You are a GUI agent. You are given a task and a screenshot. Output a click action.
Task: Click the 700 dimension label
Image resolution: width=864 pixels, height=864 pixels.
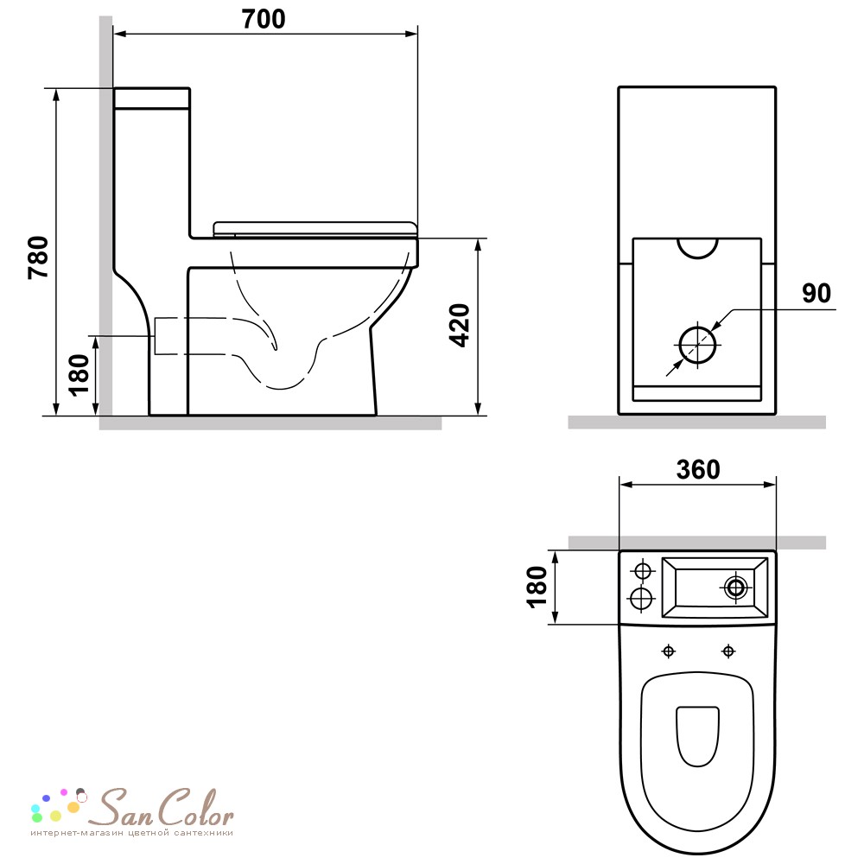tap(264, 19)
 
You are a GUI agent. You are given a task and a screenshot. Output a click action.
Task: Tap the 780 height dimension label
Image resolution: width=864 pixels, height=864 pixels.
tap(39, 257)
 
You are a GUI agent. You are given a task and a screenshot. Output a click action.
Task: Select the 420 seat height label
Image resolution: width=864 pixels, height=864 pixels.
tap(460, 325)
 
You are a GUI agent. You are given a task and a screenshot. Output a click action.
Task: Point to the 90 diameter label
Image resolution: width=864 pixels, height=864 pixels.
tap(816, 293)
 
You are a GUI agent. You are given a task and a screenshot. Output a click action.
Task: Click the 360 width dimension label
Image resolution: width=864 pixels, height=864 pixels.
tap(697, 469)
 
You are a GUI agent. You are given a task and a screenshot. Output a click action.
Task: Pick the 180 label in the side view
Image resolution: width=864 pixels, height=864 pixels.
tap(79, 375)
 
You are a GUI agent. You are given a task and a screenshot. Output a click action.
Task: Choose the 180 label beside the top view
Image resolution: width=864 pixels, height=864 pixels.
tap(537, 587)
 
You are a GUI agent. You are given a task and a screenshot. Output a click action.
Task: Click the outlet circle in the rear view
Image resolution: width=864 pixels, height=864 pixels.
tap(697, 345)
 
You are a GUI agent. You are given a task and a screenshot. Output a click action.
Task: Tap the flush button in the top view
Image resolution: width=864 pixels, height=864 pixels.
tap(735, 588)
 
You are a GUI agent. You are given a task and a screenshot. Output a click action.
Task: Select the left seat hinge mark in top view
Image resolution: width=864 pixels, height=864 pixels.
tap(669, 651)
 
